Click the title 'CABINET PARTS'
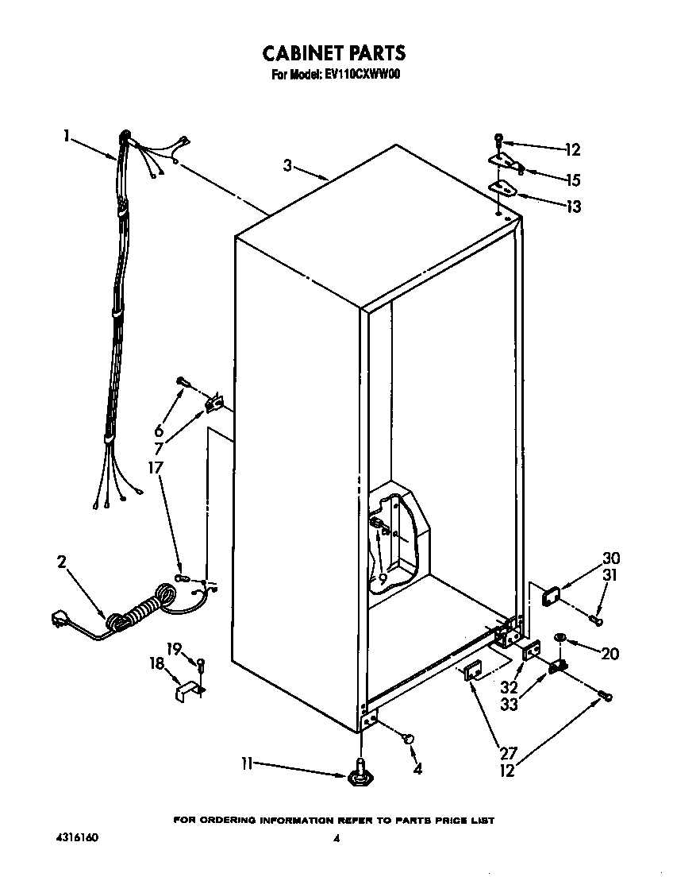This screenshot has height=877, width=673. point(334,53)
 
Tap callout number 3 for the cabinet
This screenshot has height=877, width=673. point(288,165)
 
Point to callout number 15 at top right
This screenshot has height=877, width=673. point(573,180)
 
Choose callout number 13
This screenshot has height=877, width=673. point(573,207)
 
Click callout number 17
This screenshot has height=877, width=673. point(156,468)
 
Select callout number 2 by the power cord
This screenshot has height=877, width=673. point(62,562)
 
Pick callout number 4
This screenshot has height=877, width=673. point(417,768)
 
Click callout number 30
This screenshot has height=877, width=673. point(611,558)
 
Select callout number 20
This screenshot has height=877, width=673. point(610,654)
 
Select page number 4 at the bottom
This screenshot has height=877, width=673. point(336,839)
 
